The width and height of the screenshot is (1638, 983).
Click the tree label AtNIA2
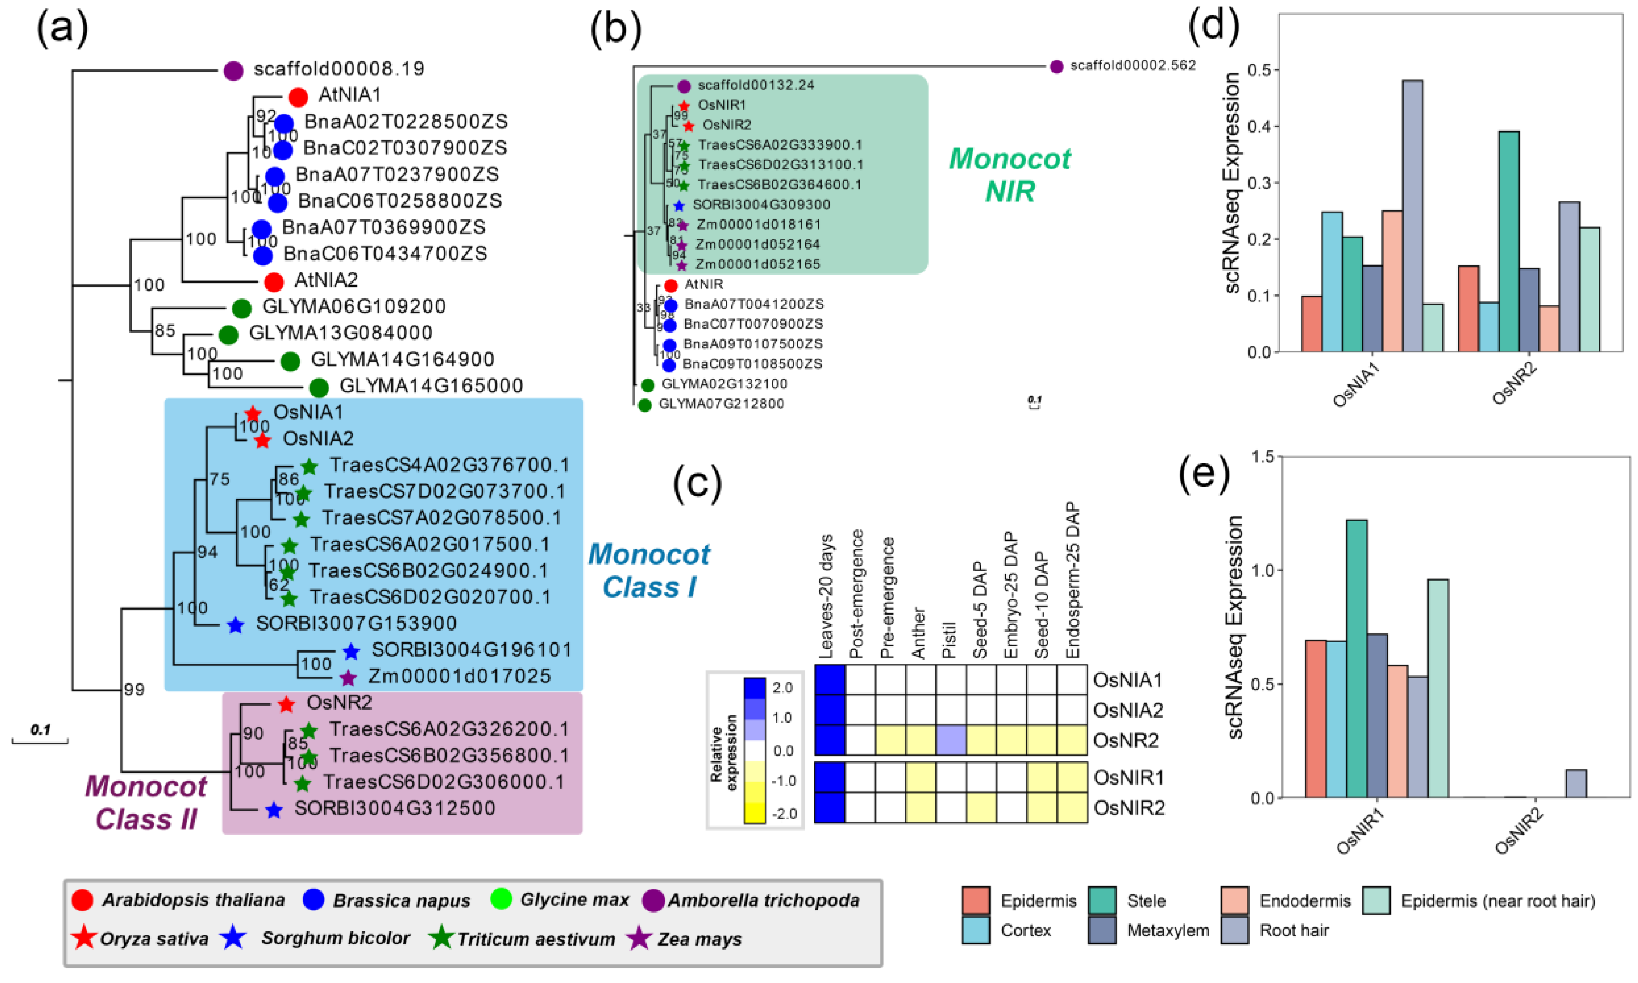(326, 280)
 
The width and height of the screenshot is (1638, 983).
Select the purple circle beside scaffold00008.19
(233, 70)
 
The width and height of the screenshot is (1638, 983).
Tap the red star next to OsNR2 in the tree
(286, 704)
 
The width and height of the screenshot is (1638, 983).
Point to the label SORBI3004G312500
(395, 808)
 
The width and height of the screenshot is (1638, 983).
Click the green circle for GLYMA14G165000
(319, 387)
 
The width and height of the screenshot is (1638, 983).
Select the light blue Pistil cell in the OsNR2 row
(951, 740)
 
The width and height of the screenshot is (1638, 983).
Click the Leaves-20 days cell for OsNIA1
(830, 680)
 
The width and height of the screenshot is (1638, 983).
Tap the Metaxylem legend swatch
(1102, 930)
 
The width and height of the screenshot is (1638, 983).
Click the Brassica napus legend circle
(313, 900)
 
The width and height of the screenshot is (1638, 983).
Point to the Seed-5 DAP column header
(980, 610)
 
